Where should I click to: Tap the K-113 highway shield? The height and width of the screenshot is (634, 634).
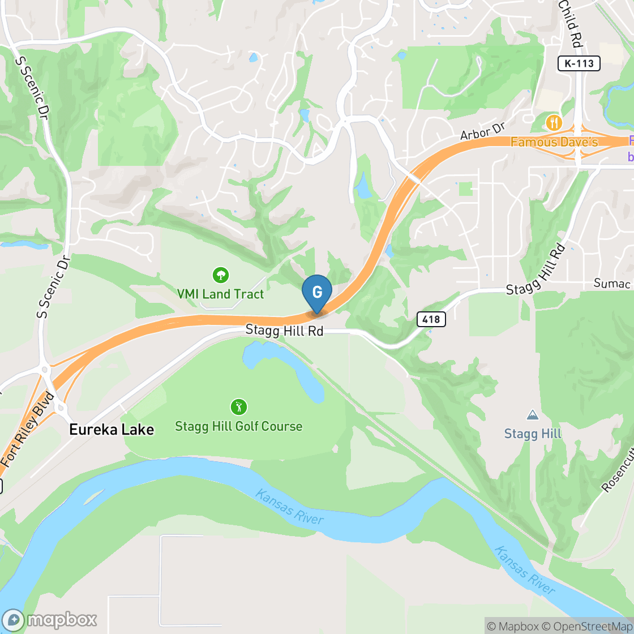579,63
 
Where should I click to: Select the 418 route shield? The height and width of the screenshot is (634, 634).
431,319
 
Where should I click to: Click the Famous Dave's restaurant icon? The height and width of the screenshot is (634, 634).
554,122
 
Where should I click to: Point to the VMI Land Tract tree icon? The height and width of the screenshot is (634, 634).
220,276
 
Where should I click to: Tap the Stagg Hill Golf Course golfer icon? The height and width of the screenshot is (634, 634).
238,406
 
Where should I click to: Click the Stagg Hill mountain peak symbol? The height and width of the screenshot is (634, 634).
532,415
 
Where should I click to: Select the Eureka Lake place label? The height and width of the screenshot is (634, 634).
112,430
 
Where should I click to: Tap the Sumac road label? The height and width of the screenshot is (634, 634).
612,282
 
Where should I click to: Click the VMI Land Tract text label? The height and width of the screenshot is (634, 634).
220,294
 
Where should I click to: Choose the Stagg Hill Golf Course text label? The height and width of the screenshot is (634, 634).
238,426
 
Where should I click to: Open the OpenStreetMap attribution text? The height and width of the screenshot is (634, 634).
586,626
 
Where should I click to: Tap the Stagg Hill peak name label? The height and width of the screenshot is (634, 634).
533,434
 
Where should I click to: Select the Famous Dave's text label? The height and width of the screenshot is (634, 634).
554,142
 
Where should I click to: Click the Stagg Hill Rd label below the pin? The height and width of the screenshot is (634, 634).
284,331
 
